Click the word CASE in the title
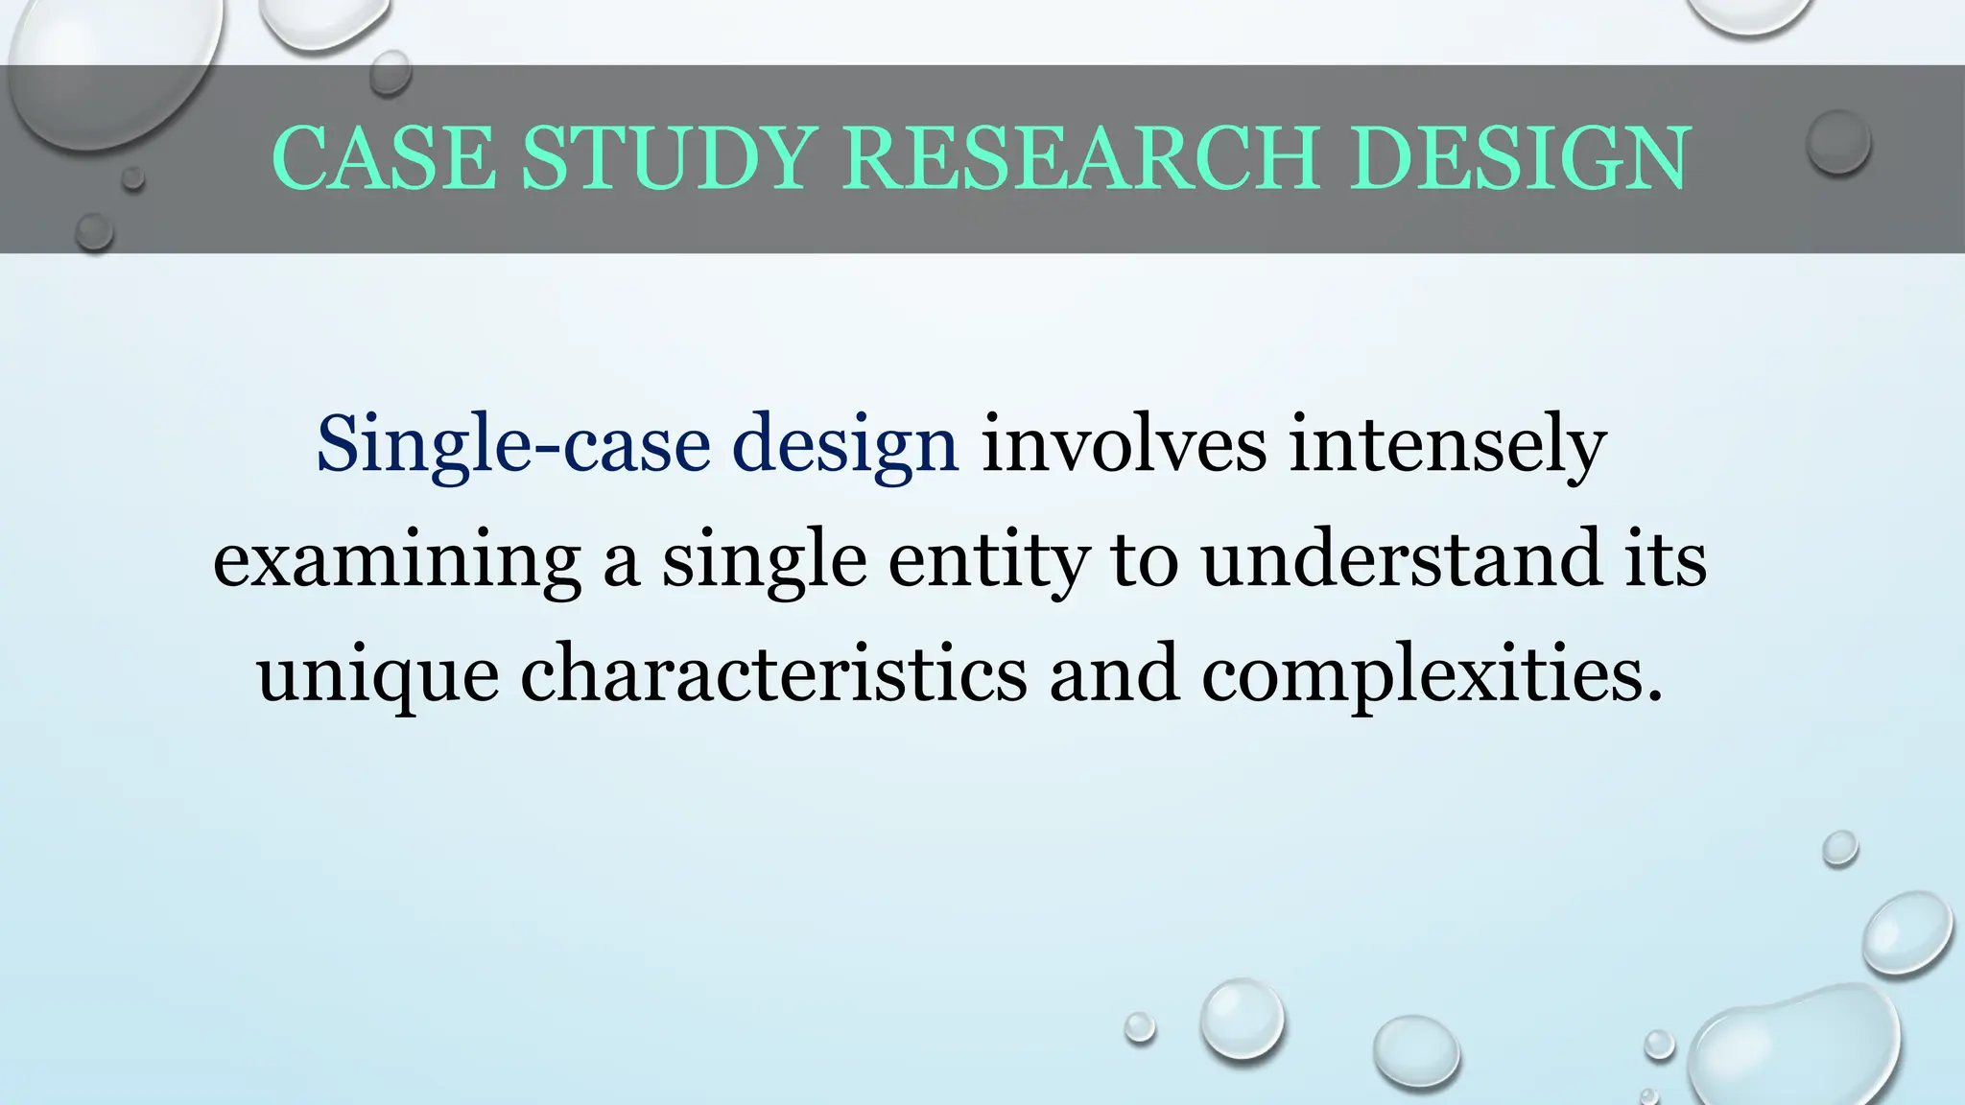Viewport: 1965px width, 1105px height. coord(384,158)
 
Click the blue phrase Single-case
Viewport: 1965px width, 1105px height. coord(513,444)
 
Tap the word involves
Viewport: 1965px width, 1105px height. coord(1124,444)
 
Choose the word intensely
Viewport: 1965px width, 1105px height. coord(1448,444)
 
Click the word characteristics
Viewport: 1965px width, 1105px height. coord(773,673)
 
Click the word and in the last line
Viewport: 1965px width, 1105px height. coord(1114,673)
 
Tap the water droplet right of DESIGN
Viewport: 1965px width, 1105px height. coord(1838,142)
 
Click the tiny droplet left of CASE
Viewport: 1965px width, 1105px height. coord(133,178)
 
